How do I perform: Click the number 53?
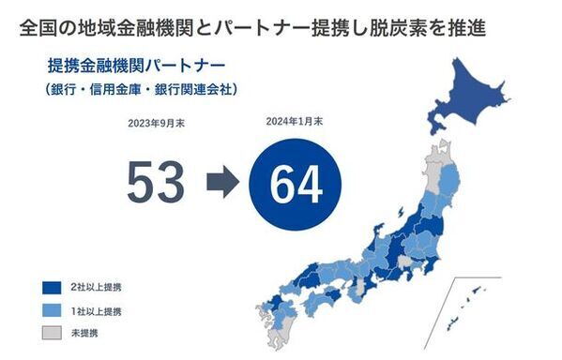tap(156, 182)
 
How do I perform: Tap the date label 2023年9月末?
tap(156, 123)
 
